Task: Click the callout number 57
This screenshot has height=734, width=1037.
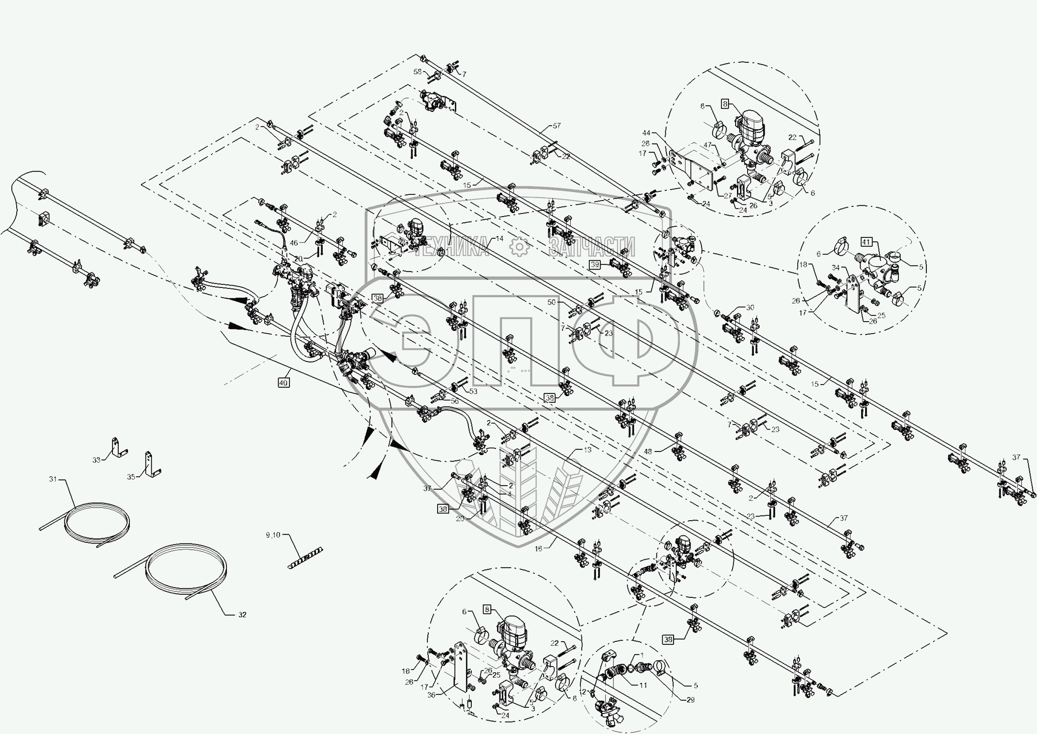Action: click(x=556, y=126)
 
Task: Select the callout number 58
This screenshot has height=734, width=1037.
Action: click(x=417, y=72)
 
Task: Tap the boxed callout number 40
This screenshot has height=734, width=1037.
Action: click(x=283, y=383)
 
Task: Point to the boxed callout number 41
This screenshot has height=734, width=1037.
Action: click(x=866, y=242)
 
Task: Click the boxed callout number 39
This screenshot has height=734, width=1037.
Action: click(x=595, y=265)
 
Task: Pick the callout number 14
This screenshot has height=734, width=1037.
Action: click(x=499, y=238)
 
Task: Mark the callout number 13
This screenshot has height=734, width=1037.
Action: click(x=587, y=450)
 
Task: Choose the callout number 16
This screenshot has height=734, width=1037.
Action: click(x=538, y=549)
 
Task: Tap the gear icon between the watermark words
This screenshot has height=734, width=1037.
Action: click(x=519, y=246)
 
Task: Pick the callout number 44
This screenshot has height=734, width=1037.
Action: click(x=646, y=133)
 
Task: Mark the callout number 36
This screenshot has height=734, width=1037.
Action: click(x=431, y=695)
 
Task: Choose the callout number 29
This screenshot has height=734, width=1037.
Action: click(x=691, y=699)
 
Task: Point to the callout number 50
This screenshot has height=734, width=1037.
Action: click(x=551, y=302)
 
